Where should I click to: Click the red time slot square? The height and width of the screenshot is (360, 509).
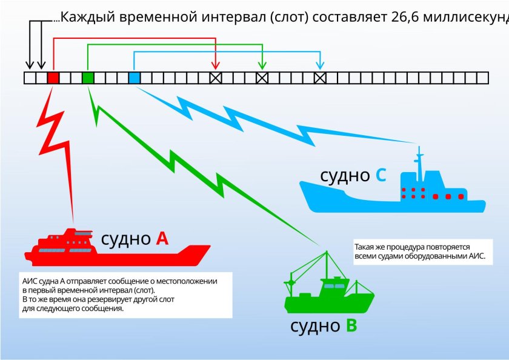click(x=53, y=78)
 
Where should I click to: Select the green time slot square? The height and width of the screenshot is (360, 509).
click(x=88, y=78)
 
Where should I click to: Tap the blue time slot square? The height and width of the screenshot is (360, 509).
click(x=135, y=78)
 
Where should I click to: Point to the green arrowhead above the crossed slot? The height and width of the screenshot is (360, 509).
click(x=262, y=64)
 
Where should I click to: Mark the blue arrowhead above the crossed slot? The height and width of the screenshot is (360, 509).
click(x=320, y=64)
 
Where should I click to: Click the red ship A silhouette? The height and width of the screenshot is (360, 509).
click(x=115, y=252)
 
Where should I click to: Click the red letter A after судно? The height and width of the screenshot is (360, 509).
click(x=162, y=239)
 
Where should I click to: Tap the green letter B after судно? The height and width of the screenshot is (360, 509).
click(x=351, y=326)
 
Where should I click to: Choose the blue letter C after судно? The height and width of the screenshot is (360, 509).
click(x=381, y=176)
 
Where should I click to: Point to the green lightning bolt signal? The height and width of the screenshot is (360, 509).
click(x=200, y=176)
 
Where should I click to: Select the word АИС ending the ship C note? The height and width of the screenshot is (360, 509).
click(x=477, y=257)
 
